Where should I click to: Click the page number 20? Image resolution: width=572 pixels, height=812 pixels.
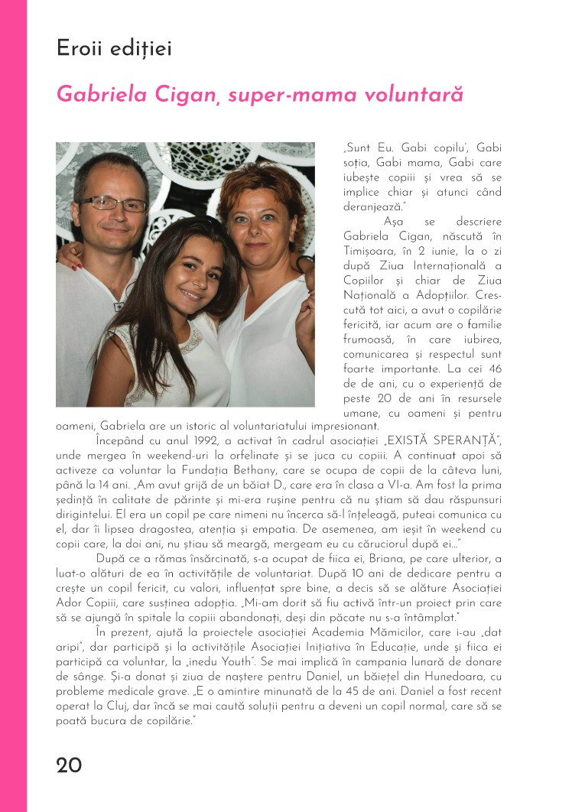click(x=69, y=765)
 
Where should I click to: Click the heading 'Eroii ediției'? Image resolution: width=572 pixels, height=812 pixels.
click(x=114, y=49)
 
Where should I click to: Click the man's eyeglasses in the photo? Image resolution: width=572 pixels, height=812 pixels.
click(x=112, y=203)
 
